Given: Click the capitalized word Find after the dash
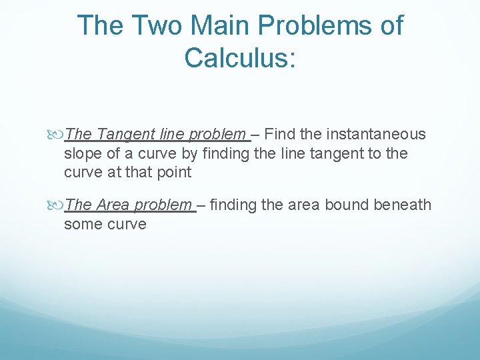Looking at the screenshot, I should click(280, 134).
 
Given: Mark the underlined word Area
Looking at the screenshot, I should click(113, 205).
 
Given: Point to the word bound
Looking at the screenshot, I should click(347, 205).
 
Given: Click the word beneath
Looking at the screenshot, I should click(403, 205).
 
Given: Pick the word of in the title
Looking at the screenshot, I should click(390, 26).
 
